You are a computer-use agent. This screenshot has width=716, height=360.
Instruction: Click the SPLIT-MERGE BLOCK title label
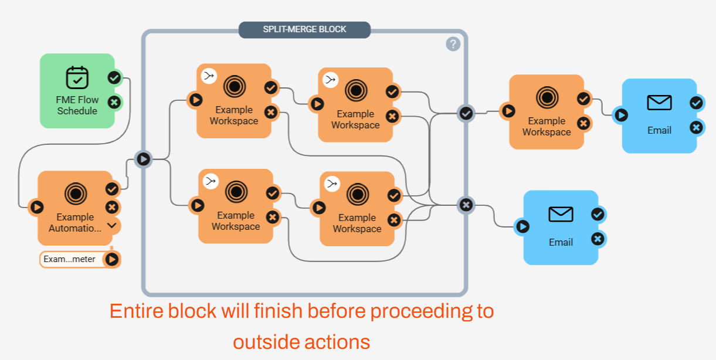click(304, 29)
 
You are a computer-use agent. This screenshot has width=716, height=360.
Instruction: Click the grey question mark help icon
click(453, 44)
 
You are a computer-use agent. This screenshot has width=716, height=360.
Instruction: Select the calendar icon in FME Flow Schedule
click(77, 78)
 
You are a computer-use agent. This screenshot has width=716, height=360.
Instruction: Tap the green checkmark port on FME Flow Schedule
click(114, 77)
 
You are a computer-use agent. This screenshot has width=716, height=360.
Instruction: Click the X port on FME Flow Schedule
click(114, 102)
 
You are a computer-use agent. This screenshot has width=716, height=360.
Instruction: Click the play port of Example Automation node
click(36, 206)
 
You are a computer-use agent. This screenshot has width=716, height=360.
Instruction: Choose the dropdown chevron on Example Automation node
click(112, 225)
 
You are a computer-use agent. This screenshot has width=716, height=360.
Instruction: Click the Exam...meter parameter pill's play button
click(111, 259)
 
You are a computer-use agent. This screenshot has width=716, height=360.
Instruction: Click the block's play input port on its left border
click(143, 159)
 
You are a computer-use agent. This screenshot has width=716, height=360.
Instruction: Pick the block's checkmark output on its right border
click(466, 113)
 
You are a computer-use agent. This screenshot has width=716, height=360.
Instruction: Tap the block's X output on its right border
click(466, 205)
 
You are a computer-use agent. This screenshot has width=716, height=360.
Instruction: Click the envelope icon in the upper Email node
click(659, 103)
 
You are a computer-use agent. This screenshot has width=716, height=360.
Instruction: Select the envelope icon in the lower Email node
click(561, 215)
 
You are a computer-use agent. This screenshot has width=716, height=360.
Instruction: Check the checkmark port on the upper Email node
click(696, 103)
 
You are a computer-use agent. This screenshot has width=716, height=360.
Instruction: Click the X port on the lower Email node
click(598, 239)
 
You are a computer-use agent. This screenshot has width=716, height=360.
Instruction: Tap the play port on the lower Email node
click(522, 226)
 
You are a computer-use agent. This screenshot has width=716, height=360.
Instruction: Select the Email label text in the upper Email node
click(659, 130)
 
